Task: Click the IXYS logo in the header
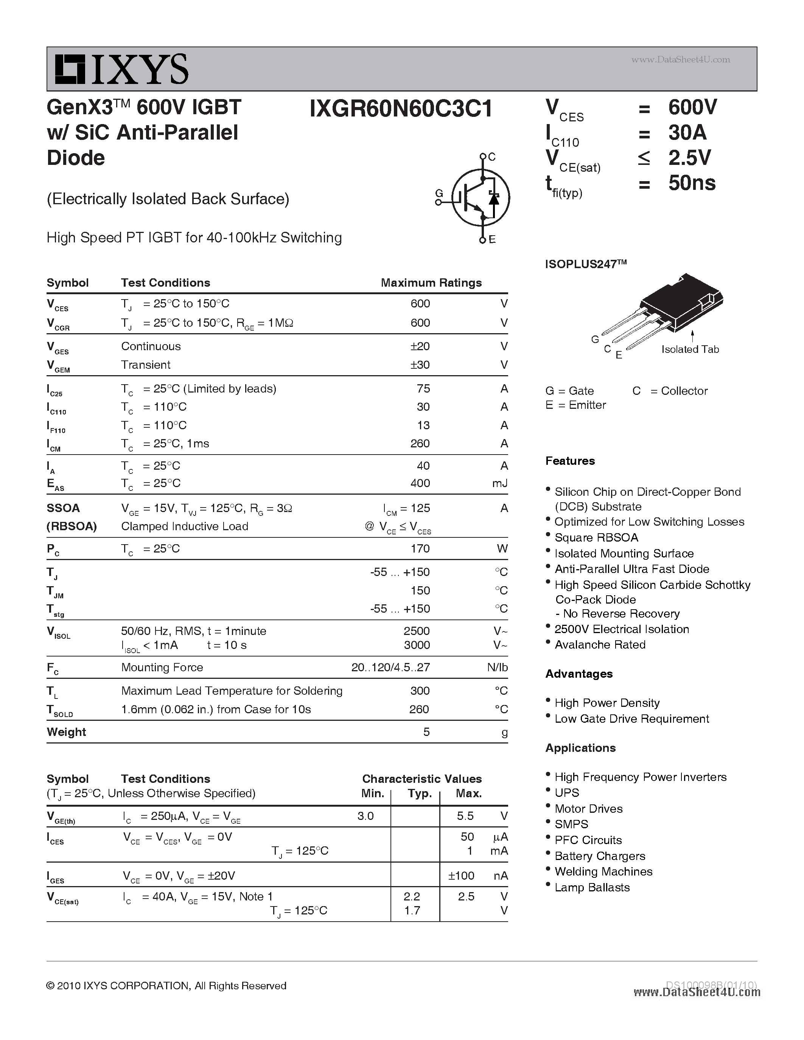point(121,70)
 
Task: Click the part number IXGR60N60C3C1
point(401,109)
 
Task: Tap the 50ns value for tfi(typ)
point(692,183)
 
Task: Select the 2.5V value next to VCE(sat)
point(689,158)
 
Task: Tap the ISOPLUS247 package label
point(585,264)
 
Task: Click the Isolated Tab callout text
point(690,349)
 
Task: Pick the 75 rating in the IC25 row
point(423,388)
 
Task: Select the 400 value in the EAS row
point(420,483)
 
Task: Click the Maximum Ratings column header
point(431,283)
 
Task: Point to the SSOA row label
point(63,508)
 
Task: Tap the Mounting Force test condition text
point(162,667)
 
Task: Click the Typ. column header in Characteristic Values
point(420,793)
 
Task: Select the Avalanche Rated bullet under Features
point(600,645)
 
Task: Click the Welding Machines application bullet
point(603,871)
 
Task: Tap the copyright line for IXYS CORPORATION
point(166,986)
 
